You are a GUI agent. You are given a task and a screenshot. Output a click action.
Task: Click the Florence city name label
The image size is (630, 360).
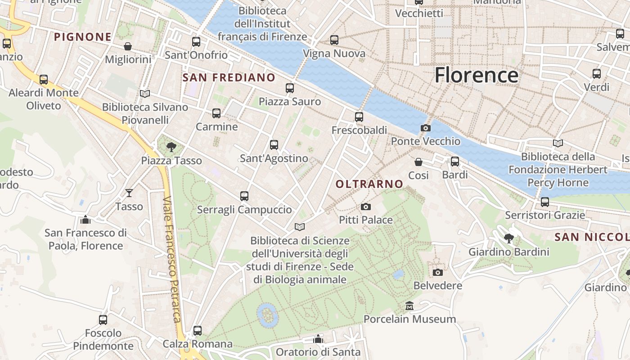[x=476, y=75]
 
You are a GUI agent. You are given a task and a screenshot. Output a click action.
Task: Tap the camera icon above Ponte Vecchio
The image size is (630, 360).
[x=425, y=128]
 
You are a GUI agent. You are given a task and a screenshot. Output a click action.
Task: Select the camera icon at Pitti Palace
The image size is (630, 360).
[x=366, y=207]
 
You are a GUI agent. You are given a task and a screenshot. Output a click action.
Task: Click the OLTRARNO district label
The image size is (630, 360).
[x=369, y=184]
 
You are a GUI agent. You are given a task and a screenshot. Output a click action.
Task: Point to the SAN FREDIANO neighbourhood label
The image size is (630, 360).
[x=229, y=77]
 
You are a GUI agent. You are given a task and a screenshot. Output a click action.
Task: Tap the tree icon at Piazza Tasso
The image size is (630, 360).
[x=171, y=147]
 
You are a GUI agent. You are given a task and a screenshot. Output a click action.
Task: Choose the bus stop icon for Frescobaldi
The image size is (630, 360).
[x=359, y=117]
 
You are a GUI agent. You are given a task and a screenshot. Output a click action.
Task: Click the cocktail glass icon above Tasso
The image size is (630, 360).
[x=129, y=193]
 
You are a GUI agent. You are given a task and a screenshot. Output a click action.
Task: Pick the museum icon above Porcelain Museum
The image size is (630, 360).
[x=409, y=306]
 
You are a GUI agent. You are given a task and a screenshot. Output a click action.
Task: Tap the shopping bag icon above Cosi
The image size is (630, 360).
[x=418, y=162]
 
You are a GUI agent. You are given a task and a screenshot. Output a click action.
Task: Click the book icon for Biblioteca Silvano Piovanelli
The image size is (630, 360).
[x=145, y=94]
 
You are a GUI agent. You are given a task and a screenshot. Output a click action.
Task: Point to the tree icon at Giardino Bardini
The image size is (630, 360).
[x=509, y=238]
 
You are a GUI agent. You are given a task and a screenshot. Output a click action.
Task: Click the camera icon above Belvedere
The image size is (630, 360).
[x=437, y=272]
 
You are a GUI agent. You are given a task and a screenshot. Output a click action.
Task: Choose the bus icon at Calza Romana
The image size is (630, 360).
[x=198, y=331]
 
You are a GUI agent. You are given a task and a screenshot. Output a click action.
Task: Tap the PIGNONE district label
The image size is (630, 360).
[x=83, y=37]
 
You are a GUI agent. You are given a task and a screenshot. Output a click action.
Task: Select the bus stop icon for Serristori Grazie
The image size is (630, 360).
[x=545, y=202]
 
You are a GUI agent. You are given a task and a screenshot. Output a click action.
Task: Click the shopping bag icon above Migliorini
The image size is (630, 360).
[x=128, y=46]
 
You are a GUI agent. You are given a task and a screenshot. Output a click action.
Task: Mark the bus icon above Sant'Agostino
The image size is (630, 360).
[x=274, y=145]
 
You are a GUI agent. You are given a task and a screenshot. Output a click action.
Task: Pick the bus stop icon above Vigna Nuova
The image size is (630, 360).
[x=334, y=40]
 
